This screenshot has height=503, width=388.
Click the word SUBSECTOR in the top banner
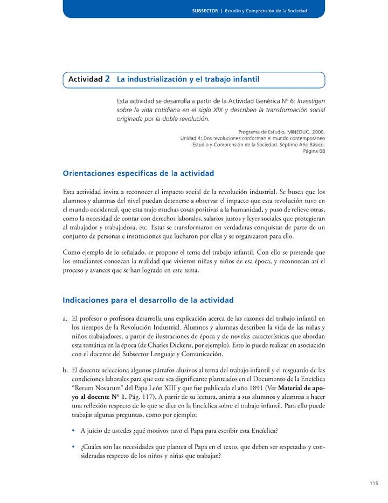point(204,11)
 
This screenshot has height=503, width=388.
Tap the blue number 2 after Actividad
point(108,79)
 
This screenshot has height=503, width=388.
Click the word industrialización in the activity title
point(155,79)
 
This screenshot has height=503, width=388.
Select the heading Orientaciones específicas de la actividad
point(138,173)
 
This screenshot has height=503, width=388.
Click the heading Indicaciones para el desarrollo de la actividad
point(148,300)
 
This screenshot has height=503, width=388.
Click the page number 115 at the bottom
point(374,484)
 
